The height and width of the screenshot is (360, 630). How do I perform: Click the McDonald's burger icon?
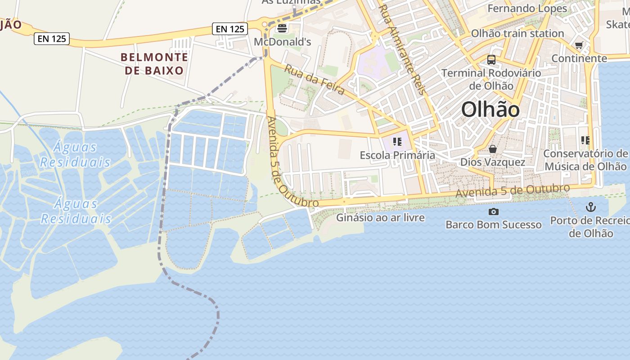[282, 28]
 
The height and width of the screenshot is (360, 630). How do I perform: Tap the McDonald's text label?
[283, 42]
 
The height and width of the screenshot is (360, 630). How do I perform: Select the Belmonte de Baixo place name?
[154, 64]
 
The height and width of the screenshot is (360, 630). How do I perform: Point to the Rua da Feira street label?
[315, 80]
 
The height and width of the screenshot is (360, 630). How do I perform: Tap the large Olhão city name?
[490, 109]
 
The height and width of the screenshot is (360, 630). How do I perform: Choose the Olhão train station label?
[517, 33]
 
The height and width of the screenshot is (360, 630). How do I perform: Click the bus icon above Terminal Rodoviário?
[491, 59]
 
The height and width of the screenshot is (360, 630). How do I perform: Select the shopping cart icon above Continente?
[579, 45]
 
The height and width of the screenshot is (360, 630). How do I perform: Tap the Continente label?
[579, 58]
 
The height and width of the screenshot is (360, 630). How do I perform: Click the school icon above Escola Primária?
[397, 142]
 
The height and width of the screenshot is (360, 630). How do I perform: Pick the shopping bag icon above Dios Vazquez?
[493, 149]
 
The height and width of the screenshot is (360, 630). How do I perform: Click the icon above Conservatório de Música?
[585, 140]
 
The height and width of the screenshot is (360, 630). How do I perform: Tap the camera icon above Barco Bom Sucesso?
[493, 211]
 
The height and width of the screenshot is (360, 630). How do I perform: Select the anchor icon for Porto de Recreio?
[590, 207]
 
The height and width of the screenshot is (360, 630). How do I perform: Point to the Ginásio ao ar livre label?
[380, 218]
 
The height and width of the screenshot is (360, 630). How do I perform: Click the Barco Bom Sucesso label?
[493, 225]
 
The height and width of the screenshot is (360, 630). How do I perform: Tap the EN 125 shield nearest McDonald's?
[230, 29]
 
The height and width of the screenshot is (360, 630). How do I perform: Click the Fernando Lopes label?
[527, 9]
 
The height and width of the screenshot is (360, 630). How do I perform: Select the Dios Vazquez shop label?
[493, 162]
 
